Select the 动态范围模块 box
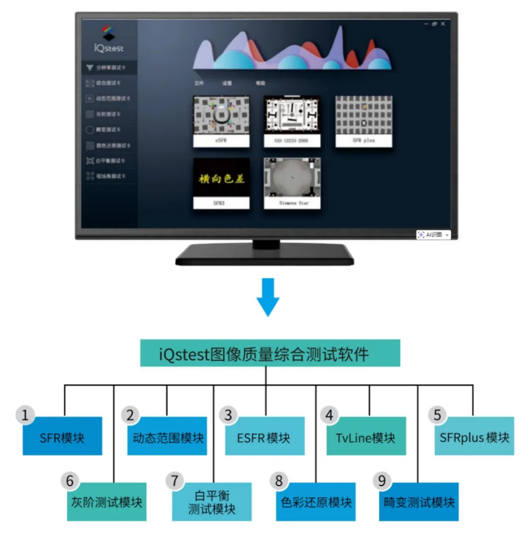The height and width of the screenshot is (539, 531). point(167,437)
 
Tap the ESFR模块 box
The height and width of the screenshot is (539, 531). point(264,437)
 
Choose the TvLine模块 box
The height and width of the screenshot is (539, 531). point(365,437)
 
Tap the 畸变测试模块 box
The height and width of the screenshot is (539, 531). point(418,501)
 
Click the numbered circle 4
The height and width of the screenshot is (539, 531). point(330,415)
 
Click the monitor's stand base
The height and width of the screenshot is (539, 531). point(266,254)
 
